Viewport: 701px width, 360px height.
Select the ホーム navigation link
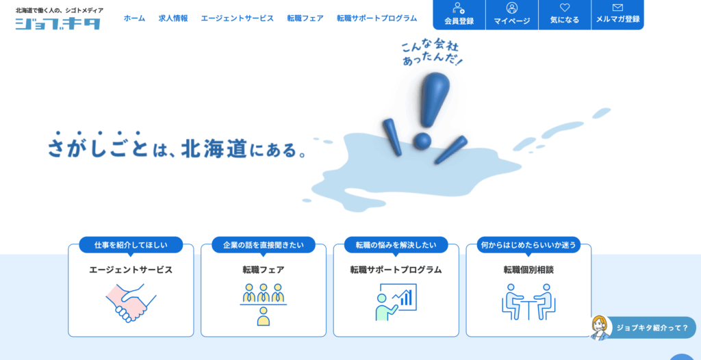tap(135, 18)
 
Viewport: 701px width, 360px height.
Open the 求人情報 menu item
tap(173, 18)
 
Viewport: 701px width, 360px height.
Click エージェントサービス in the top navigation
tap(238, 18)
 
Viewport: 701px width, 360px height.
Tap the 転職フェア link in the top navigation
tap(305, 18)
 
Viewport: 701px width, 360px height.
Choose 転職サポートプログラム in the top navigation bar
tap(377, 18)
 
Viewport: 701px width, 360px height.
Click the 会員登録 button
tap(459, 15)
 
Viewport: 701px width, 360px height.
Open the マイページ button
tap(512, 15)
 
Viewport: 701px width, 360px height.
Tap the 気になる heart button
tap(565, 15)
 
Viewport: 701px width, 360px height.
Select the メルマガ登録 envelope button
tap(617, 15)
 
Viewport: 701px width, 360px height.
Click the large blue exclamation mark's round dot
tap(422, 141)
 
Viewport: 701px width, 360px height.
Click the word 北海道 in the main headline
tap(214, 149)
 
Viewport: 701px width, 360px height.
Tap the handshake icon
tap(131, 303)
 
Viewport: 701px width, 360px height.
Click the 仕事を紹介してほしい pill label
tap(131, 244)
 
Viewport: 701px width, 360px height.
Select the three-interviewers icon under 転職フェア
tap(264, 304)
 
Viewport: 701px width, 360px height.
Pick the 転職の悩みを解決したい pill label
tap(396, 244)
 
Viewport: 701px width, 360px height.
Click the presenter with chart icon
tap(396, 302)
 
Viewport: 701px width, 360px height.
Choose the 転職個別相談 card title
tap(528, 270)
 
